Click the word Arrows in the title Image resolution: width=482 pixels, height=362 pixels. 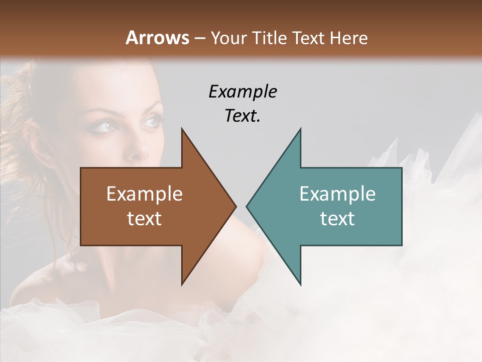(x=157, y=38)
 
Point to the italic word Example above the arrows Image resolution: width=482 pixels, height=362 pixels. (x=243, y=92)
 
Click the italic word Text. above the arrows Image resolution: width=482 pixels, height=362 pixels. (x=243, y=116)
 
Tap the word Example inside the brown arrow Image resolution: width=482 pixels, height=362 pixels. (x=144, y=194)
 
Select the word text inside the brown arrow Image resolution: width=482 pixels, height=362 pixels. (x=144, y=219)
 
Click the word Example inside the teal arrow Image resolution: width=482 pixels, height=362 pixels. (x=337, y=194)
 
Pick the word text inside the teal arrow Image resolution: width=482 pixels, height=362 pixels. (x=337, y=219)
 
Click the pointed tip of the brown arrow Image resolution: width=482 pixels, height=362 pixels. (x=235, y=206)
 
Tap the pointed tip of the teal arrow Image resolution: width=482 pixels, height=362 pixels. (x=247, y=206)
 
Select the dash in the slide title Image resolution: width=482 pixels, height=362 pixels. (x=199, y=38)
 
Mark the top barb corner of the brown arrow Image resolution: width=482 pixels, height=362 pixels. (x=182, y=129)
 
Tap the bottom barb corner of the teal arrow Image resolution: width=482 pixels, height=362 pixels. (x=301, y=285)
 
